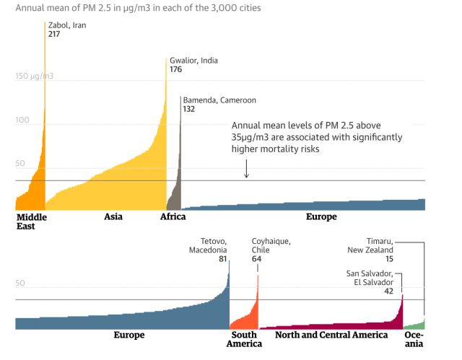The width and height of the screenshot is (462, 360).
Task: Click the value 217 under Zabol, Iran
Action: coord(54,35)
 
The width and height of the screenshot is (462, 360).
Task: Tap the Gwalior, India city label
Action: coord(193,61)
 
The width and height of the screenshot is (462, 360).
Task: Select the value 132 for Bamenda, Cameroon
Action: coord(189,110)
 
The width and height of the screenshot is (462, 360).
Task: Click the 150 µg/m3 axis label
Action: coord(34,76)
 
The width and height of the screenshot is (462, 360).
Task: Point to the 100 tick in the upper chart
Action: coord(22,120)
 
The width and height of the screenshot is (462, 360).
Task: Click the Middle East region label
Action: coord(31,221)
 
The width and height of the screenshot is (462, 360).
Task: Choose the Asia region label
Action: coord(113,216)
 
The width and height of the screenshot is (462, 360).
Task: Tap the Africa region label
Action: coord(173,216)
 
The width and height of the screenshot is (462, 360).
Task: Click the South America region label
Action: coord(244,339)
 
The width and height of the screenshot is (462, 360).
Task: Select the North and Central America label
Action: coord(332,335)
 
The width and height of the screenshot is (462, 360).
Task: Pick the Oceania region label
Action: coord(414,339)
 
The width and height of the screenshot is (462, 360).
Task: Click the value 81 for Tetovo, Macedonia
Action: coord(223,259)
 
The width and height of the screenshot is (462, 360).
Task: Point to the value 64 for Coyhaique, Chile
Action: coord(256,259)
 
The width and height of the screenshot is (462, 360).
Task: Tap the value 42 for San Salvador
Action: coord(388,291)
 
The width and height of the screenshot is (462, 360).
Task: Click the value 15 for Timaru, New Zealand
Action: coord(388,259)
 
